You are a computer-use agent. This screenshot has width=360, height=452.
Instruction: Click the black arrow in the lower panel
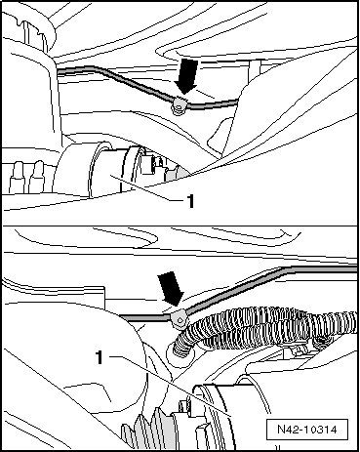coord(171,289)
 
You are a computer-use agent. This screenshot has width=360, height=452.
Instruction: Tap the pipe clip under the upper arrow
coord(179,106)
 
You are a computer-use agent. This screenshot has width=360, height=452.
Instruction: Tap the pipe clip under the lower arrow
coord(179,318)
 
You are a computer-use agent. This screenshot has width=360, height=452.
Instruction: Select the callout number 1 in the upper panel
coord(190,201)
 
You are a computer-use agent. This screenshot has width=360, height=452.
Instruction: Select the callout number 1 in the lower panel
coord(100,357)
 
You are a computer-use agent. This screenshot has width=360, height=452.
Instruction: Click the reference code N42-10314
coord(307,430)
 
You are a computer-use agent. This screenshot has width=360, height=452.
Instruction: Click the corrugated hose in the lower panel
coord(266,329)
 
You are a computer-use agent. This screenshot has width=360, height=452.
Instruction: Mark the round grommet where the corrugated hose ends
coord(180,353)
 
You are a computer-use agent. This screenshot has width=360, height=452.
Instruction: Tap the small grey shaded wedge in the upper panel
coord(177,173)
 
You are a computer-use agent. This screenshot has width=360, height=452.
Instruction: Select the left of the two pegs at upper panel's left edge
coord(17,178)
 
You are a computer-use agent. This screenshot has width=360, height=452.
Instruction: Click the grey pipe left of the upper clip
coord(114,80)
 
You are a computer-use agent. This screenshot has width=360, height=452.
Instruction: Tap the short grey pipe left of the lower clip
coord(144,317)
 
